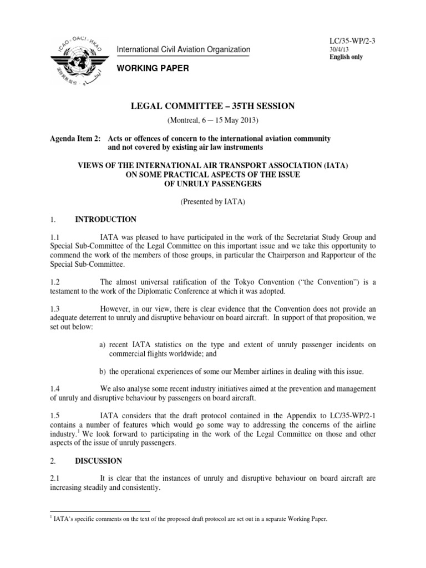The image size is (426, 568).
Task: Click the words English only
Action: point(346,57)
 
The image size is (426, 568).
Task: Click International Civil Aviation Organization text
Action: point(183,50)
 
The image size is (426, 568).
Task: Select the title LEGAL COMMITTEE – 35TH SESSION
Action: point(212,106)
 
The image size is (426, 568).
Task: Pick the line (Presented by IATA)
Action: point(212,202)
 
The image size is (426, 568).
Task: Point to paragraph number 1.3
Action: point(55,308)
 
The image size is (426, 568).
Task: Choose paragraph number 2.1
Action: point(55,478)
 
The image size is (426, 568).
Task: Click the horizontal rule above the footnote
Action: point(100,511)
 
